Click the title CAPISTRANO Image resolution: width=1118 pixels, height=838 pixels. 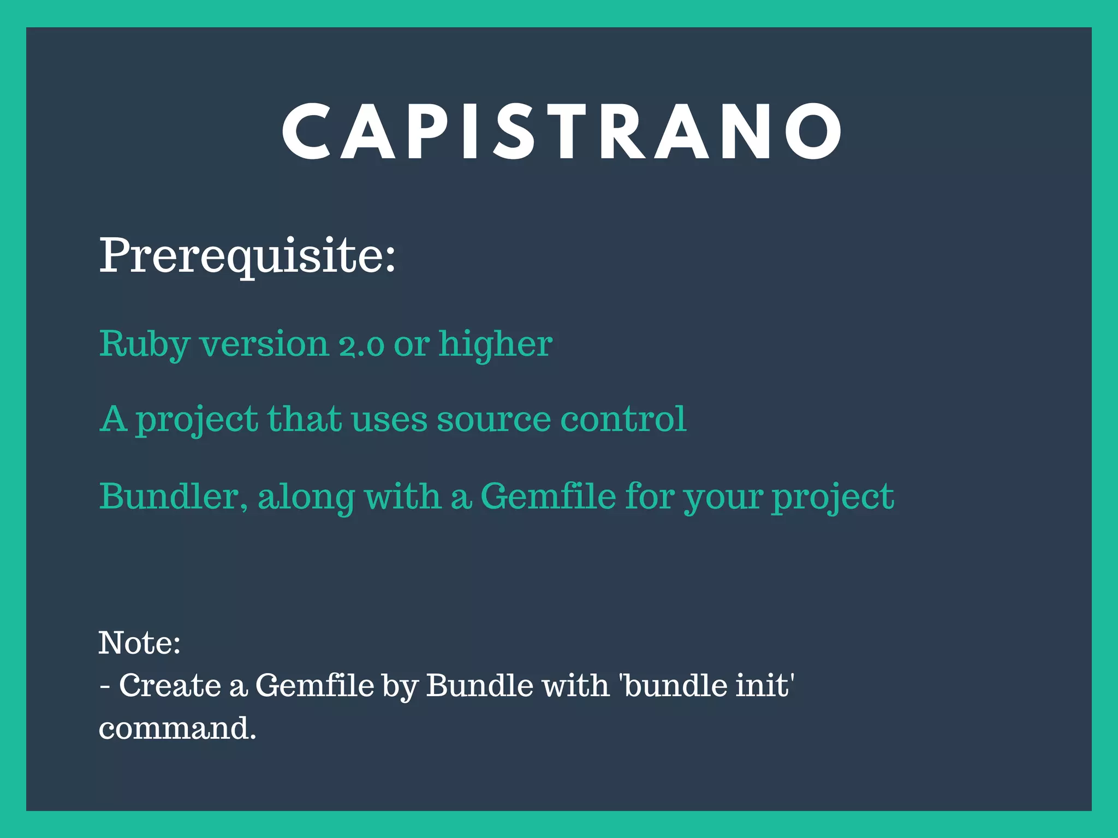tap(562, 133)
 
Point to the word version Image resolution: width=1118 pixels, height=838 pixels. tap(265, 345)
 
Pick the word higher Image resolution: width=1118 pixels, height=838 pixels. tap(496, 345)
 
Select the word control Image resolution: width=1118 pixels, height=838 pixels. tap(623, 419)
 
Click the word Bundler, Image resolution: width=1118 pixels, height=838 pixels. tap(174, 496)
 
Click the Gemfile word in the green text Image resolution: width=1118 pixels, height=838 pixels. tap(548, 496)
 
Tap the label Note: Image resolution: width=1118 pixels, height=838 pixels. tap(140, 643)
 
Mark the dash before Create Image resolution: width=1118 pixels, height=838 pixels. tap(105, 686)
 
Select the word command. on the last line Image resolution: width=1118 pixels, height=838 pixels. tap(177, 728)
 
